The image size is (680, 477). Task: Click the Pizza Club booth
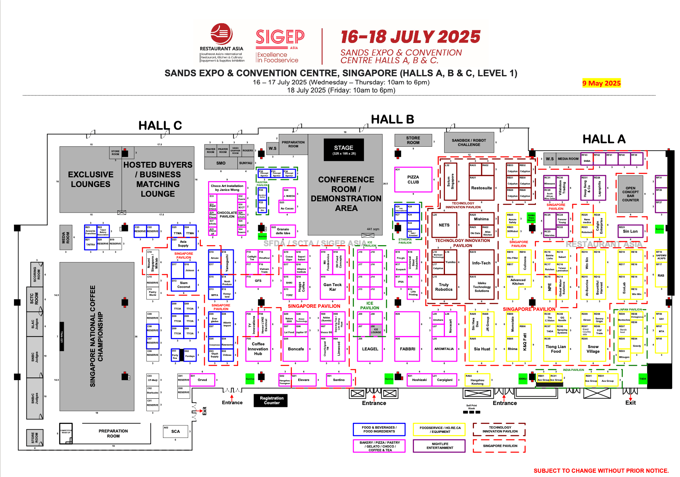(x=413, y=180)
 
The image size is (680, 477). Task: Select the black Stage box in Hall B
(x=343, y=150)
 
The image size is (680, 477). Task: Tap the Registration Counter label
(x=271, y=400)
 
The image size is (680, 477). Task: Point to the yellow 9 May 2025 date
(x=601, y=83)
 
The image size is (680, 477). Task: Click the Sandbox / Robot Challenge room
(x=469, y=142)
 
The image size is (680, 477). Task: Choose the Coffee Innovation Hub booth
(x=258, y=348)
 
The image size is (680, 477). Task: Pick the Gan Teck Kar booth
(x=332, y=287)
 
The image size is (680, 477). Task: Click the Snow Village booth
(x=593, y=349)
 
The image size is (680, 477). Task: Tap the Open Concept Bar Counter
(x=630, y=194)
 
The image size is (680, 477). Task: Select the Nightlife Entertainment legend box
(x=440, y=446)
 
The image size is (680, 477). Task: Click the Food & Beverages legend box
(x=379, y=429)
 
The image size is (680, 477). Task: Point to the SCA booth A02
(x=175, y=431)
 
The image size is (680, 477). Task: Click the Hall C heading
(x=160, y=126)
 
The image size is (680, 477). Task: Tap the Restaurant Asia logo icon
(x=222, y=34)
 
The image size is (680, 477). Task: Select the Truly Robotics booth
(x=444, y=287)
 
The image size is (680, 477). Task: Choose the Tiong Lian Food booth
(x=556, y=349)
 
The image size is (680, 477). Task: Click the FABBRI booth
(x=407, y=349)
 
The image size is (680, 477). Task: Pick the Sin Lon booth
(x=630, y=231)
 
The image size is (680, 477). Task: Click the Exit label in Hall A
(x=630, y=403)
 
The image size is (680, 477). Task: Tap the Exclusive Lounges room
(x=91, y=179)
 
